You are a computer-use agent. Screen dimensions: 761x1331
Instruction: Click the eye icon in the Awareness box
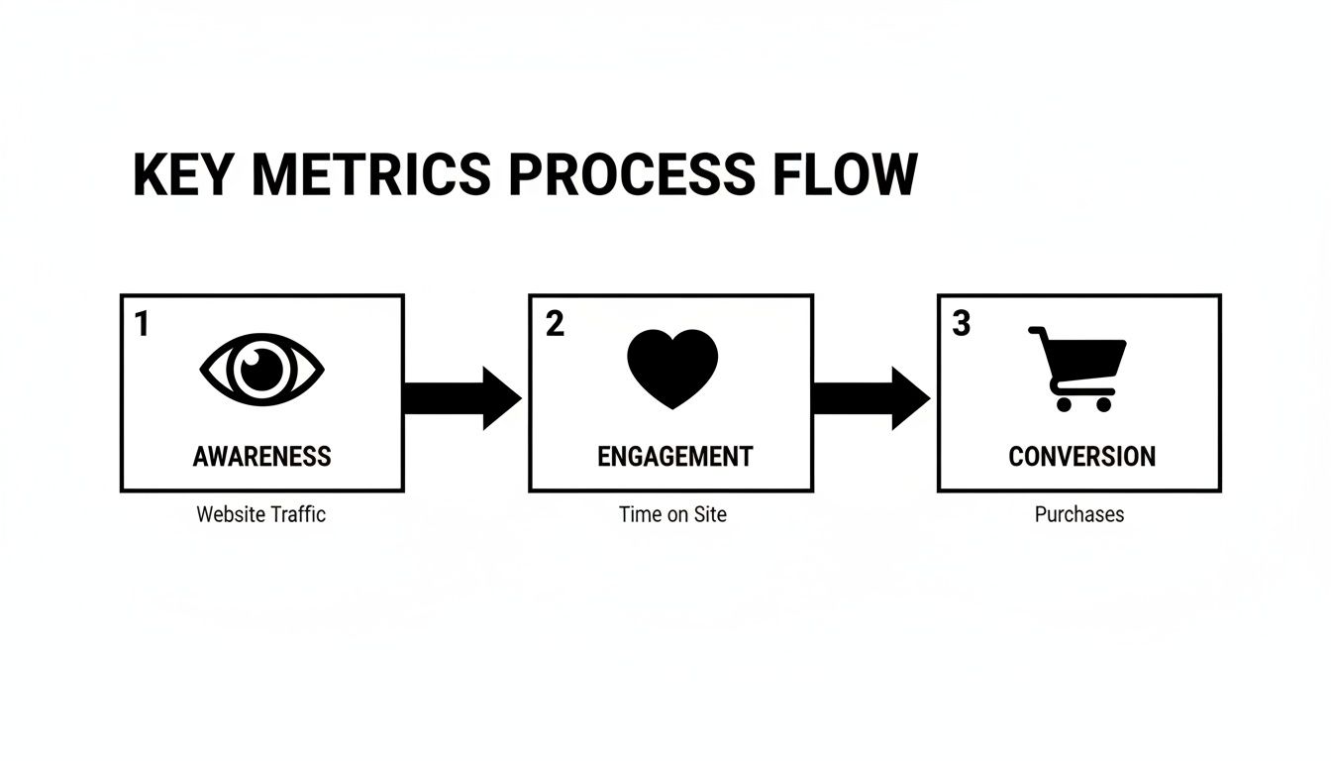coord(261,369)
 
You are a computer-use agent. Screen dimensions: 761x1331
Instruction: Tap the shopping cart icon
coord(1078,368)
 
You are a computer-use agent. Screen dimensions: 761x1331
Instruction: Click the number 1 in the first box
coord(142,324)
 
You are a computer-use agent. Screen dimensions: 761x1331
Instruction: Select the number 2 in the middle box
coord(555,324)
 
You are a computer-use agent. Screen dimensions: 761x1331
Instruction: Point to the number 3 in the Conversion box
coord(961,324)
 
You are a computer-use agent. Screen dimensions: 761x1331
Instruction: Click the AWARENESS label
coord(261,457)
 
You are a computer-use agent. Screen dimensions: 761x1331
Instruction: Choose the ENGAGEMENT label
coord(674,457)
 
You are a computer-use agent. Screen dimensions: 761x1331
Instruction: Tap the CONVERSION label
coord(1081,457)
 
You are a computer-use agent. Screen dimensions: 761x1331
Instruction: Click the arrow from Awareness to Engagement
coord(461,398)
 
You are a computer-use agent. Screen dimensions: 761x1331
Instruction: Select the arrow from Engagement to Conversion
coord(870,398)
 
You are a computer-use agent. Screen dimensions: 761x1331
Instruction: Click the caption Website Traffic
coord(260,514)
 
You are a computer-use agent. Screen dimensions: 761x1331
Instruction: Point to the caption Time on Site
coord(672,514)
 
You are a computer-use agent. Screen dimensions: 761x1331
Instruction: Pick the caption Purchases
coord(1079,514)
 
